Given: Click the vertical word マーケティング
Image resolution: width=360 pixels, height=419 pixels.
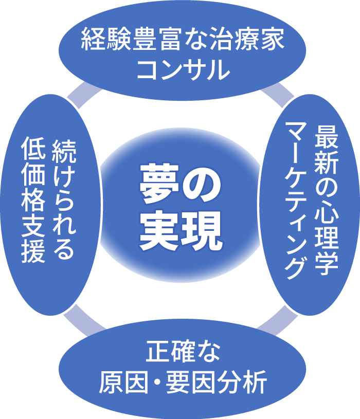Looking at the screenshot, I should [x=298, y=201].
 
